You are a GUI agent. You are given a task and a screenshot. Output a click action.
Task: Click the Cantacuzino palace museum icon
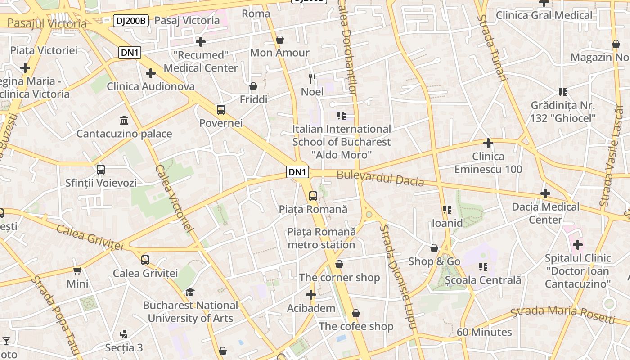124,120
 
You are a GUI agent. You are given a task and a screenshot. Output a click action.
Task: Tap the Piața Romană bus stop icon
313,196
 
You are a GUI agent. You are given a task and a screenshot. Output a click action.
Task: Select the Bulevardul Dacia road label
380,178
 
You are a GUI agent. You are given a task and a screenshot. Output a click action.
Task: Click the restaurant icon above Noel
312,78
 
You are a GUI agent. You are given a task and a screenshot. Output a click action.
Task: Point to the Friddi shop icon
253,86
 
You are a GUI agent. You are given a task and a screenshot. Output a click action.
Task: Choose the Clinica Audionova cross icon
151,73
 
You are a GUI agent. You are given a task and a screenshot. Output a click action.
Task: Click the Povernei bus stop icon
220,110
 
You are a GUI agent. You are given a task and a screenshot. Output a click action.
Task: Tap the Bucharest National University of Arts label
190,312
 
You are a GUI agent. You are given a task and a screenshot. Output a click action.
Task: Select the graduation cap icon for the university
190,292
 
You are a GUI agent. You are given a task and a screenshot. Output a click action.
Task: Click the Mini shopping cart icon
77,270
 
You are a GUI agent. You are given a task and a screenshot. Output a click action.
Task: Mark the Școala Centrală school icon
483,267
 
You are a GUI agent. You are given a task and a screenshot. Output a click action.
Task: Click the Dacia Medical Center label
545,213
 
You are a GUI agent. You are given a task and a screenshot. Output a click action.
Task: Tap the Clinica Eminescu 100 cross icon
488,143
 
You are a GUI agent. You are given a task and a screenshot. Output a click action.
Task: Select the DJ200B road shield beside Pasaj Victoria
131,20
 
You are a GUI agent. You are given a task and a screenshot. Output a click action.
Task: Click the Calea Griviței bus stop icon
145,260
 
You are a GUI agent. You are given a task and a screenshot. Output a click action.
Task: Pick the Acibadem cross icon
310,295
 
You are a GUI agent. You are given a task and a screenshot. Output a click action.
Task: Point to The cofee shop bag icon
356,313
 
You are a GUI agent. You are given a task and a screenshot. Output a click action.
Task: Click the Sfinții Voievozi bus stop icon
101,170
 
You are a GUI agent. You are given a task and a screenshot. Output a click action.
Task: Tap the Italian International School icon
342,116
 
